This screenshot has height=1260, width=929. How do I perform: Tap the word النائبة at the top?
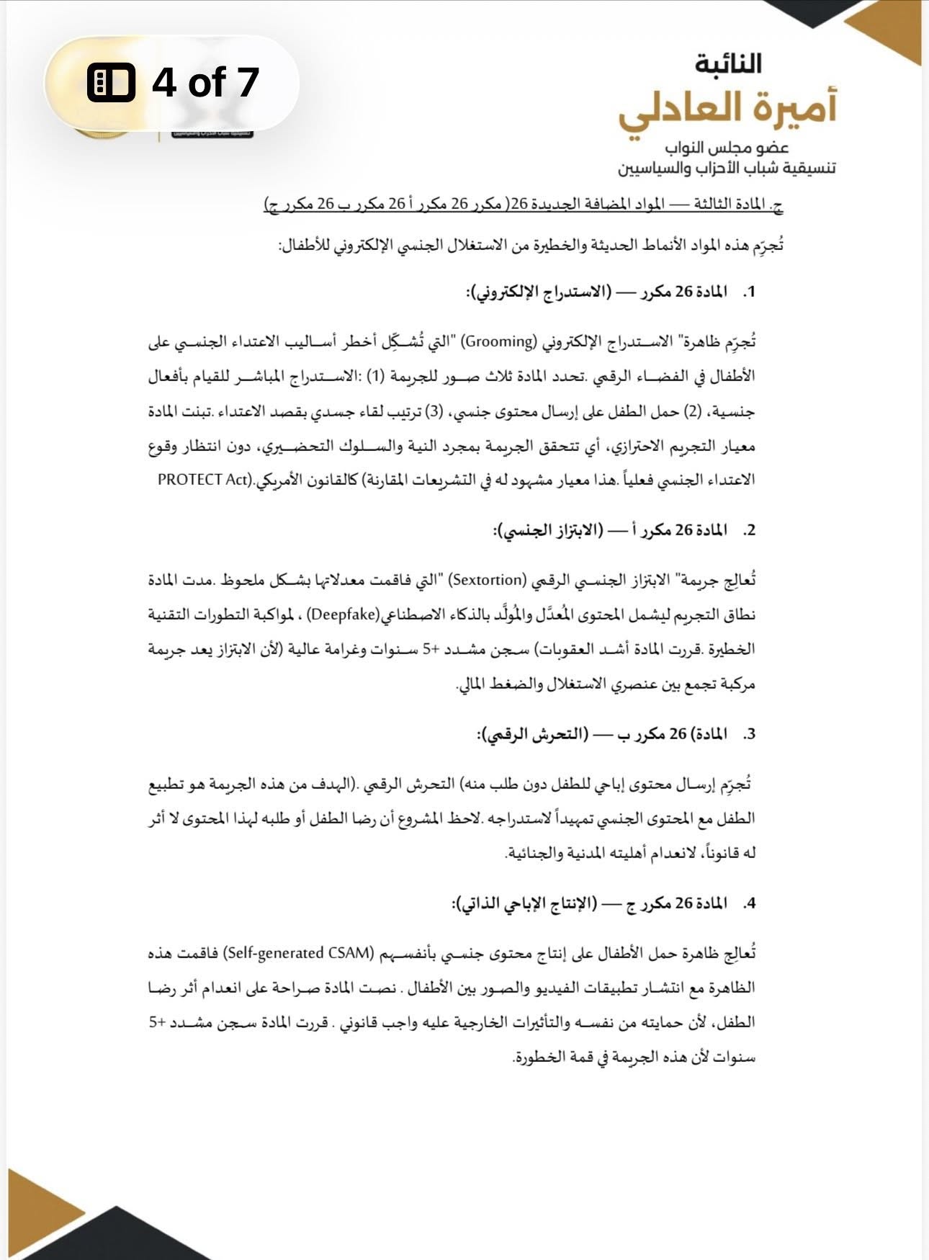point(728,63)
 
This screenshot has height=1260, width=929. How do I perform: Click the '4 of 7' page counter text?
point(205,81)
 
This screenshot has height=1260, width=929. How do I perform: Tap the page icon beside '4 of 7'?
point(111,82)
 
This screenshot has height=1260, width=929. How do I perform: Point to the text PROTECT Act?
point(203,480)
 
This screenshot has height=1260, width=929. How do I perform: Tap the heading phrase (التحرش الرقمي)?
point(533,735)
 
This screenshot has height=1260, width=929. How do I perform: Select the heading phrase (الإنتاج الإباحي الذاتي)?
point(524,903)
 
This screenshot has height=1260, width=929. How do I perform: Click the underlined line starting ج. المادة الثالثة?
point(524,205)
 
